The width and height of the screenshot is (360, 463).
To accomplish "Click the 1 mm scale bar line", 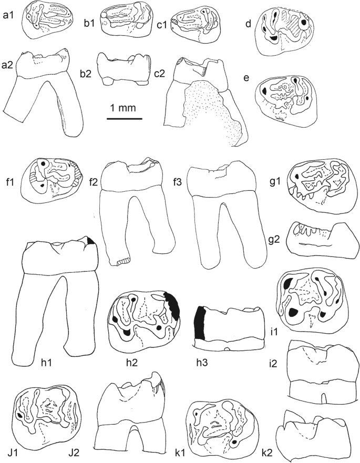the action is [x=125, y=119].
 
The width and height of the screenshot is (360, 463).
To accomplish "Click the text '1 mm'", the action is [x=123, y=108].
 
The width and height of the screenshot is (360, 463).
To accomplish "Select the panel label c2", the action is [x=159, y=74].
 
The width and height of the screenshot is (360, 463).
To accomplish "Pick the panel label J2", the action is [x=74, y=452].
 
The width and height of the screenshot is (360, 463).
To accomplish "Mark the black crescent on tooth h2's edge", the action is [x=172, y=306].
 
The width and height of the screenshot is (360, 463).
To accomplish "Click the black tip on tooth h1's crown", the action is [x=90, y=240].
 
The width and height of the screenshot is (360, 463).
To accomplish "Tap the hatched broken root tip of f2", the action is [x=122, y=261].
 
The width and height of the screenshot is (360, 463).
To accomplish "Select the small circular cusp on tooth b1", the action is [x=104, y=15].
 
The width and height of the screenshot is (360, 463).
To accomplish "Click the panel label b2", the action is [x=86, y=74].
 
